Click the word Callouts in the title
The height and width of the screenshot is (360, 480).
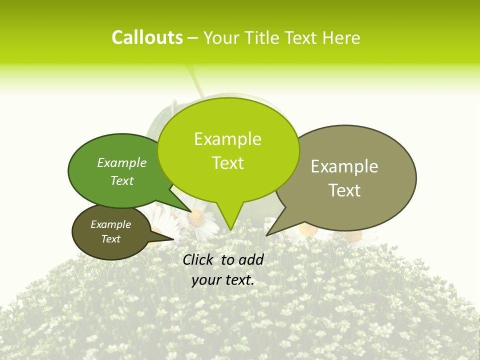147,37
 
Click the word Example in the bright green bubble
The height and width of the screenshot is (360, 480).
227,139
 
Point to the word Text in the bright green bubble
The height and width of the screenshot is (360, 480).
227,163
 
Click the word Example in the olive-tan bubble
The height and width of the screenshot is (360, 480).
344,166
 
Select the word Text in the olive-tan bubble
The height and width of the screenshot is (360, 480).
344,190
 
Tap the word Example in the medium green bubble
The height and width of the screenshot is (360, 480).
122,162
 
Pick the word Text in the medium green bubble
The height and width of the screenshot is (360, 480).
122,180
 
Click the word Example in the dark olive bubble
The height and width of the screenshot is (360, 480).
111,224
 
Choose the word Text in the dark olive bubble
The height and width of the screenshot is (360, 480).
111,239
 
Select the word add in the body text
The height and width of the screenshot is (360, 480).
251,259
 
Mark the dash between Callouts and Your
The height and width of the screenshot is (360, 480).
193,38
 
